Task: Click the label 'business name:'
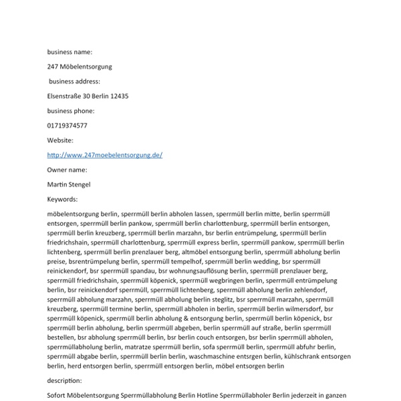tap(70, 51)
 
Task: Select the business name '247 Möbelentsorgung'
tap(80, 67)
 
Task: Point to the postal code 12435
tap(119, 96)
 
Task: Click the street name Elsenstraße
tap(65, 96)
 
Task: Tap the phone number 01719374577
tap(67, 126)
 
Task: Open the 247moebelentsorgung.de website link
tap(105, 155)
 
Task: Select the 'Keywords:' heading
tap(62, 199)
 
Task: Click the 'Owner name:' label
tap(67, 170)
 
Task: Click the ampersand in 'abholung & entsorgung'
tap(176, 319)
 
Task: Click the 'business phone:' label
tap(71, 111)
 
